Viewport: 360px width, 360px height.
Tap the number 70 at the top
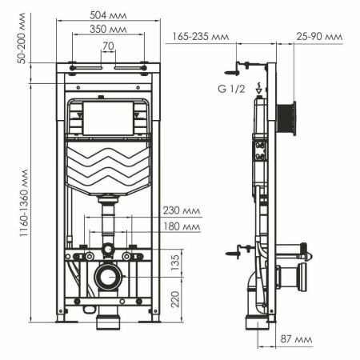(107, 46)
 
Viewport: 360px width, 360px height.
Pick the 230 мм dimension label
(182, 211)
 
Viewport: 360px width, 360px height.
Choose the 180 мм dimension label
(182, 227)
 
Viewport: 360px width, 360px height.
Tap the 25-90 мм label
(318, 36)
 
